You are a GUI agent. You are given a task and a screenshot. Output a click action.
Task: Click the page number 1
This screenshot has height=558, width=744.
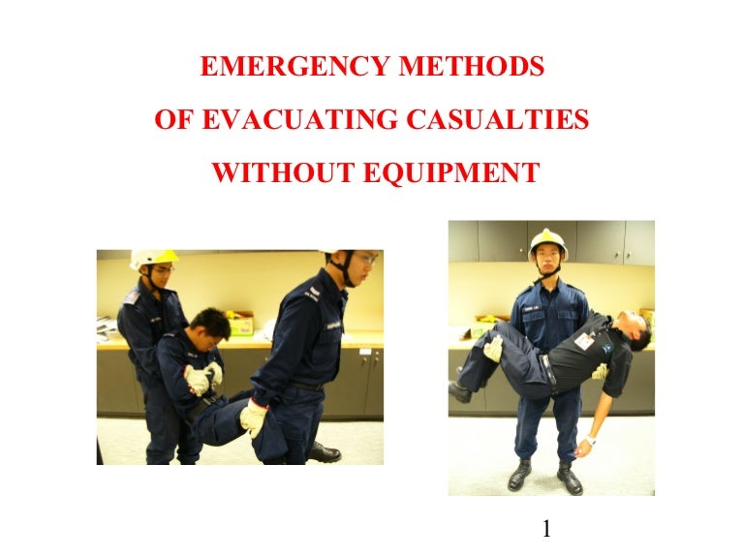547,529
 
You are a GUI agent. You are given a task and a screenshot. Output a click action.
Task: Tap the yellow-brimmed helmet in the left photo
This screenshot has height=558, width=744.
154,257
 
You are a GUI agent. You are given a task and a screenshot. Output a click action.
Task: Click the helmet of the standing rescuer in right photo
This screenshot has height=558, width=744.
547,242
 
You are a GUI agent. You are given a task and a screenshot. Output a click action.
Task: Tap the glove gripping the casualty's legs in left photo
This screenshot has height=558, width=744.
255,417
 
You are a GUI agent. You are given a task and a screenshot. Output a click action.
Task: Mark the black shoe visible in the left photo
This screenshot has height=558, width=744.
324,452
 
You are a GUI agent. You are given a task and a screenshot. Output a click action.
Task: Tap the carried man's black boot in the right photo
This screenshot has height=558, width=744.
460,390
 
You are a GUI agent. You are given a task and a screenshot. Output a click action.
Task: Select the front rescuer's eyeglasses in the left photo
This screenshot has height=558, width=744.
362,260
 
